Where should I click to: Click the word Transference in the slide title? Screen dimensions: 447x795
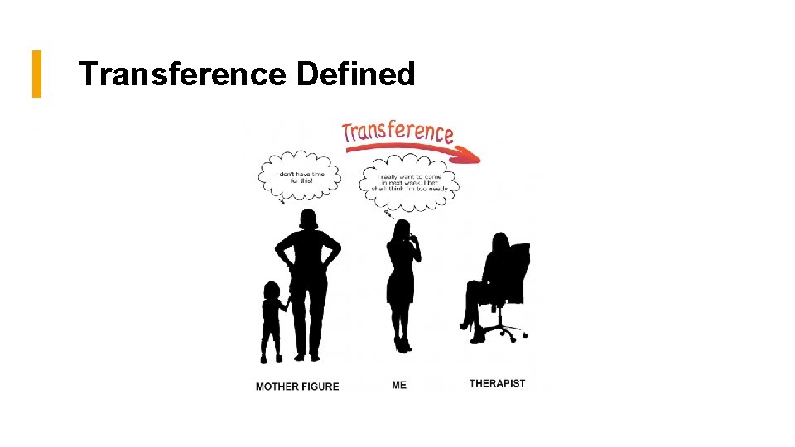[182, 74]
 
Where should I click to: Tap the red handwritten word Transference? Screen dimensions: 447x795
[397, 132]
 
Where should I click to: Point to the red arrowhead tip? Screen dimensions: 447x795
[479, 156]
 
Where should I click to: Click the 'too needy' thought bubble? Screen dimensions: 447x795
[409, 182]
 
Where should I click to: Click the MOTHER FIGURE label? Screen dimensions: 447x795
[297, 387]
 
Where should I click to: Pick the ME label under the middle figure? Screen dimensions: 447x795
[399, 385]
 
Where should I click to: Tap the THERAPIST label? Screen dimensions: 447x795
[497, 383]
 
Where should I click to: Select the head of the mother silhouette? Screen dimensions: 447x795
[308, 219]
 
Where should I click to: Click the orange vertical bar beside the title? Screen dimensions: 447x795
[36, 74]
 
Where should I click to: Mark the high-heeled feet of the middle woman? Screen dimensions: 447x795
[402, 341]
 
